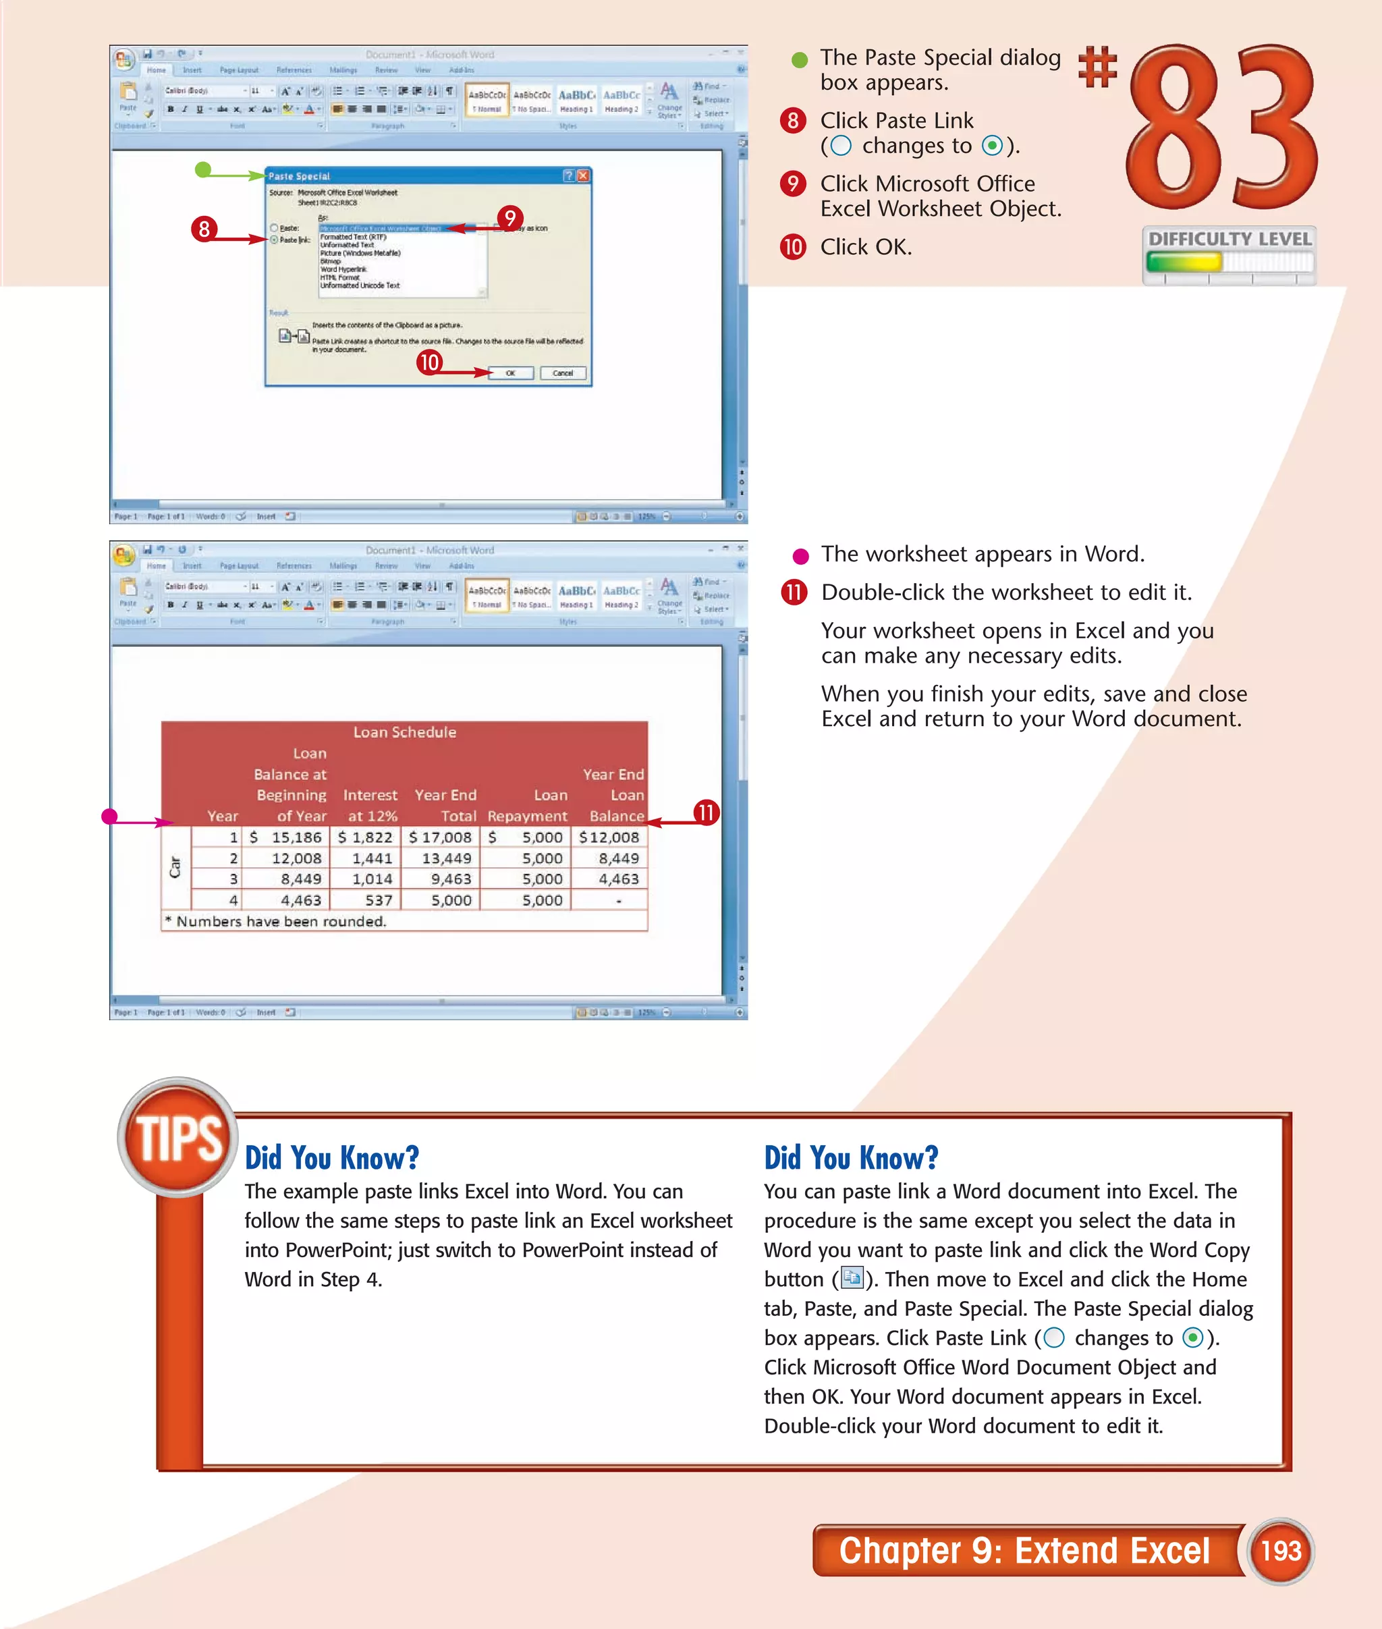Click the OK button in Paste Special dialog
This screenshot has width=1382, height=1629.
click(511, 373)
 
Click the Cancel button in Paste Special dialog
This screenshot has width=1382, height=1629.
click(563, 373)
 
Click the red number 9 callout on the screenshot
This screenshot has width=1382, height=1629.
click(510, 218)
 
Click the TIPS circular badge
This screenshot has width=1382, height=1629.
click(178, 1137)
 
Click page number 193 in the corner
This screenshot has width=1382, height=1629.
click(1280, 1551)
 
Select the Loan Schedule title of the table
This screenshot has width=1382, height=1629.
click(404, 732)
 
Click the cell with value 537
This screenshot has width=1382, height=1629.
click(379, 900)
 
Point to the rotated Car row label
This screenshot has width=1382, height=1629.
click(175, 866)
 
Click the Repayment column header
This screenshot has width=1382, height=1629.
click(526, 816)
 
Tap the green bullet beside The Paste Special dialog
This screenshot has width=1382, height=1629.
click(799, 59)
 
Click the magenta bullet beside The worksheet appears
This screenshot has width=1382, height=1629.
click(800, 556)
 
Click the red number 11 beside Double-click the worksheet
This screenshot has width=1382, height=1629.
click(794, 592)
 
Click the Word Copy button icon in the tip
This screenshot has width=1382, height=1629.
click(852, 1278)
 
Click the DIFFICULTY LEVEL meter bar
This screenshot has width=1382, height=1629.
click(1228, 263)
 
